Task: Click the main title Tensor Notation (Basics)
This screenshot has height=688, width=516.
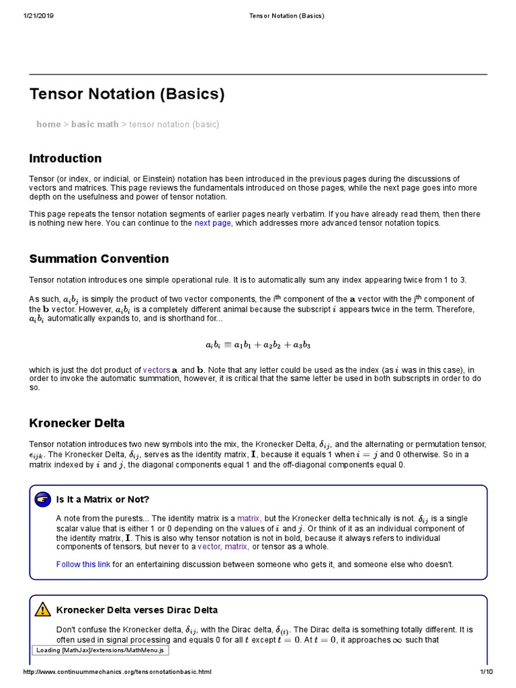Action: (127, 94)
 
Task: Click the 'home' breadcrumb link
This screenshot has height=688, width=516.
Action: (48, 124)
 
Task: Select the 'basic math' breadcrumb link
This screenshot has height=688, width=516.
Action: (95, 124)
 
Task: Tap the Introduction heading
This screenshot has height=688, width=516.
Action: (65, 159)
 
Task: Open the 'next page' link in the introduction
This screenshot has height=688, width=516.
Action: (213, 223)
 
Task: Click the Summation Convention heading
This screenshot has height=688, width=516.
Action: (99, 259)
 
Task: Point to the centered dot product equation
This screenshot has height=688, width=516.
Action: (258, 345)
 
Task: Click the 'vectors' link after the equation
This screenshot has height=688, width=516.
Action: (157, 370)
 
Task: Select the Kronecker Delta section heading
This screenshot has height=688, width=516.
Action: (77, 423)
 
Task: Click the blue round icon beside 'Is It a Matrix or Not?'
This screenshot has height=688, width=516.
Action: (43, 499)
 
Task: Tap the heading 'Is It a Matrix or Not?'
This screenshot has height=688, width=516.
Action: (103, 499)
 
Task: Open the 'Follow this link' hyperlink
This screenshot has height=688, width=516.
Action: (83, 564)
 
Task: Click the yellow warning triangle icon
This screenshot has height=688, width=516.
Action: (43, 609)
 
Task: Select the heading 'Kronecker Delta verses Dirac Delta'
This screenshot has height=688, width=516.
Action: (137, 610)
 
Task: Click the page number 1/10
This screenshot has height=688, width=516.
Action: (486, 672)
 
